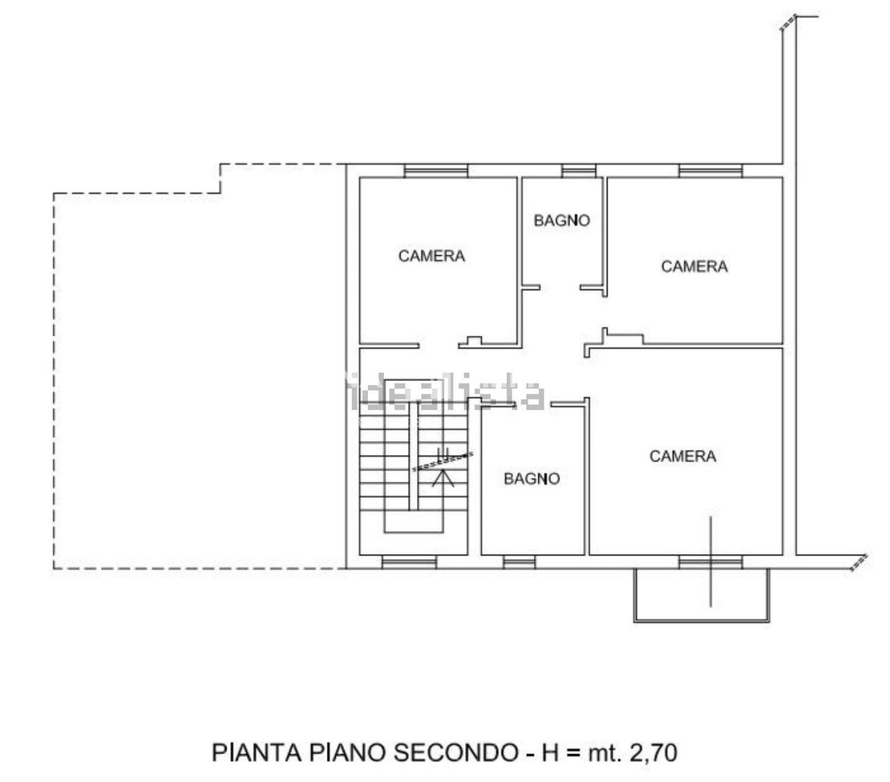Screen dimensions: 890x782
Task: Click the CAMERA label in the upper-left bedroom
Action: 431,256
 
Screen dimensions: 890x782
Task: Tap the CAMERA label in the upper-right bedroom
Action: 694,266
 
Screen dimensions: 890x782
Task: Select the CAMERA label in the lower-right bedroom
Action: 682,456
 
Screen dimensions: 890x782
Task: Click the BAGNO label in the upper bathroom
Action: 561,220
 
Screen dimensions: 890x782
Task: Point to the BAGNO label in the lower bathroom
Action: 531,479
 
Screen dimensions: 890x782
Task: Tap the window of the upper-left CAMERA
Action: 435,171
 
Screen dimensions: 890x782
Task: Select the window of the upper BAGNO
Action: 578,171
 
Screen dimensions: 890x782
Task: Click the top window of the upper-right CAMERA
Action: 710,171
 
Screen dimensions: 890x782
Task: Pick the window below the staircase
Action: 409,562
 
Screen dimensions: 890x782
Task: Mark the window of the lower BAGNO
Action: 519,562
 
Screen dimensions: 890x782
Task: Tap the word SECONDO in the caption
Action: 456,753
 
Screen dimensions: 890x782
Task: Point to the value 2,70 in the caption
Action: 653,754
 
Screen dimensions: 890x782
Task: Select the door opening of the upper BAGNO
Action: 560,288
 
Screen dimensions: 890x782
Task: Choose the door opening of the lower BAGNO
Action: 533,405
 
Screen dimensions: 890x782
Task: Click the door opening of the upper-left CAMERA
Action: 439,345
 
